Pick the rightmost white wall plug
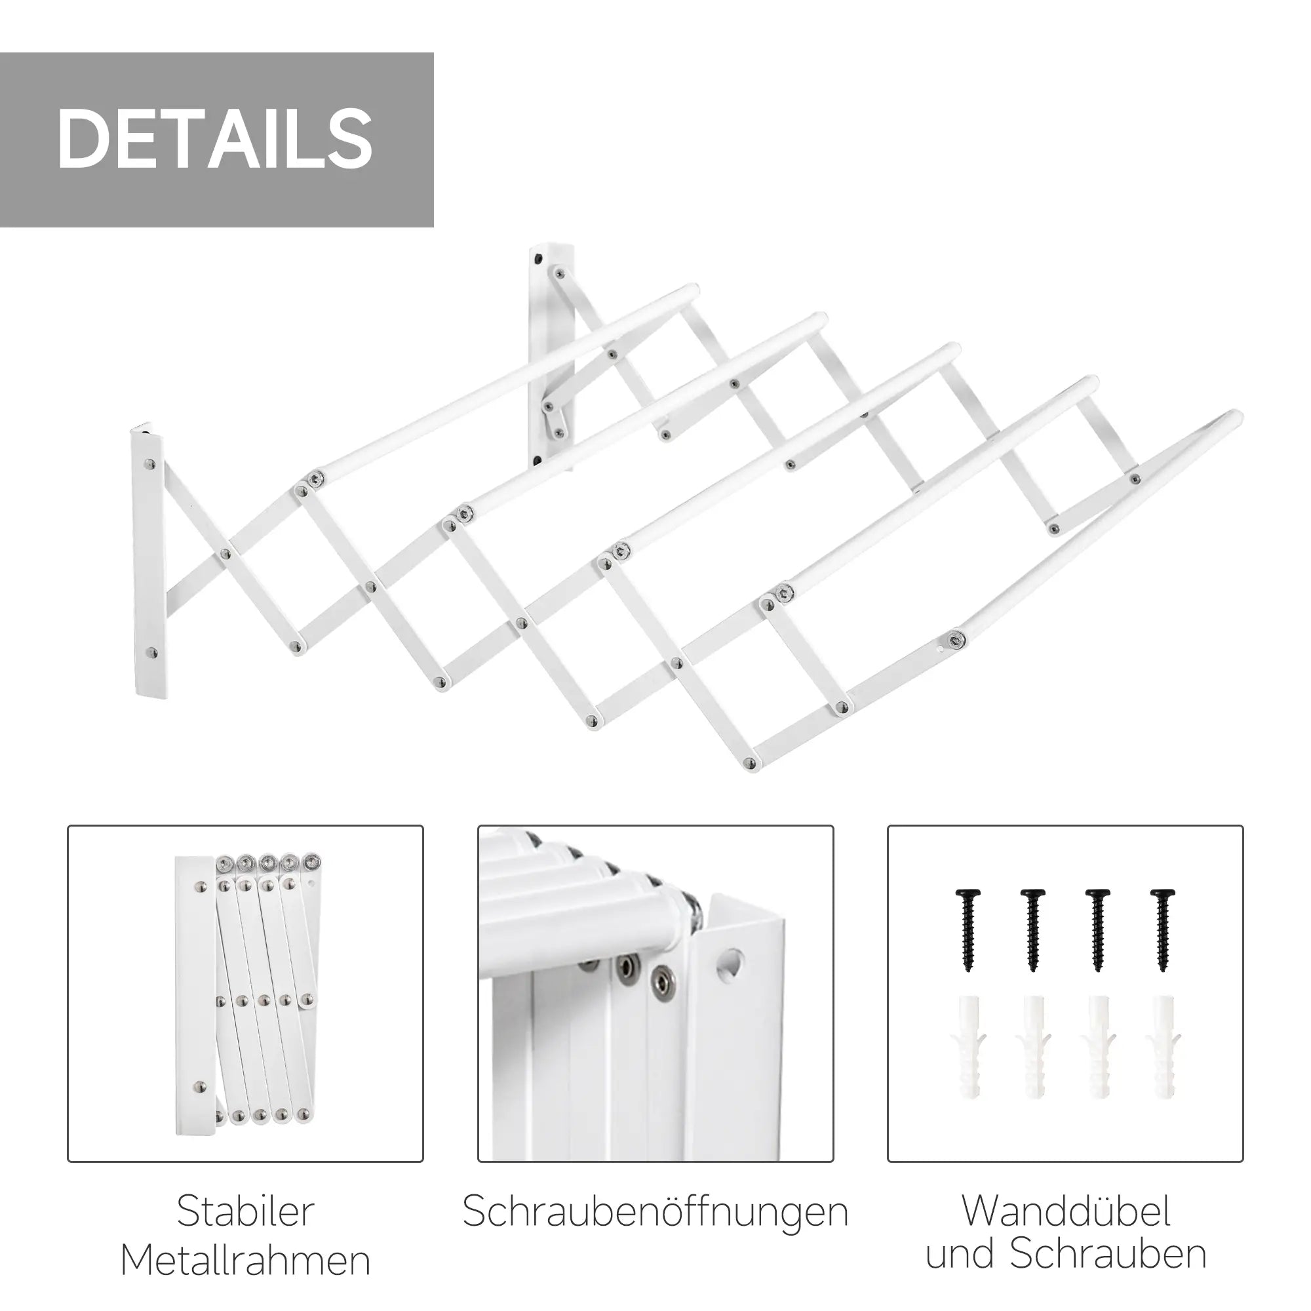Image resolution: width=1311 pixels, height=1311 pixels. click(1163, 1057)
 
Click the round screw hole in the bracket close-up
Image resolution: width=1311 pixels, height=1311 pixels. click(730, 964)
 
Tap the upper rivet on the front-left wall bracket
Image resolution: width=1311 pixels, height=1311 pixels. click(150, 465)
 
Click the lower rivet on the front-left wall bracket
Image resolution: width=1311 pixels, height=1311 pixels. click(152, 654)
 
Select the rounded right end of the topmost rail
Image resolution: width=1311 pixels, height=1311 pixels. click(692, 291)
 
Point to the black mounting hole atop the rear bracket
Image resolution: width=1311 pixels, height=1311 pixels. click(538, 258)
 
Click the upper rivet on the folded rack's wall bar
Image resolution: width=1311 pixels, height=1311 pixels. click(201, 887)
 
